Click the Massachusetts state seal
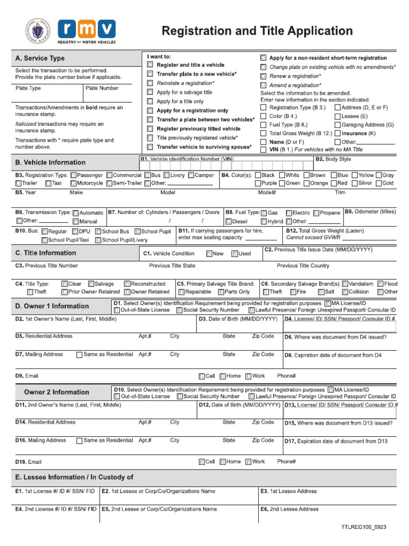click(38, 31)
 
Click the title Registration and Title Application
click(257, 31)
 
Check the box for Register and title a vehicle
click(150, 65)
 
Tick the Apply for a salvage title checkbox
click(150, 92)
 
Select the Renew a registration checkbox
click(263, 76)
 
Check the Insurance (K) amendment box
click(338, 133)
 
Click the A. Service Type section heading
click(40, 58)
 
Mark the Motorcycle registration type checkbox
click(73, 183)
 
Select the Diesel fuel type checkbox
click(228, 221)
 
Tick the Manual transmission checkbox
click(76, 221)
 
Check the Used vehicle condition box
click(235, 254)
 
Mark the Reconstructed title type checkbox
click(127, 284)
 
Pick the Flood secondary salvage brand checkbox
click(380, 284)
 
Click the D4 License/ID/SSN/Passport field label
click(340, 319)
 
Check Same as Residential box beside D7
click(79, 355)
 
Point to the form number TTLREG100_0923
click(364, 527)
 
